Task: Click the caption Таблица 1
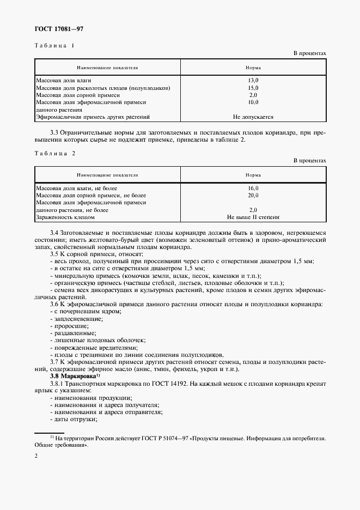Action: tap(54, 46)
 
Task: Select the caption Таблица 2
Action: tap(54, 153)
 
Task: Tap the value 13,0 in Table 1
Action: tap(253, 81)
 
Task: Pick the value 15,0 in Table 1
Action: tap(253, 88)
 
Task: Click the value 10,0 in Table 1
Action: tap(253, 102)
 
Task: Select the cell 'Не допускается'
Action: tap(253, 117)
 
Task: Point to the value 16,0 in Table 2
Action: tap(253, 188)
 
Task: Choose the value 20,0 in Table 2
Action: tap(253, 195)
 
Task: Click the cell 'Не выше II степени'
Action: tap(253, 217)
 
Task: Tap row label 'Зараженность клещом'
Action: tap(65, 217)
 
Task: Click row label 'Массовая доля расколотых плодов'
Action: tap(103, 88)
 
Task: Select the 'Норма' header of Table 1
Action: tap(253, 68)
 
